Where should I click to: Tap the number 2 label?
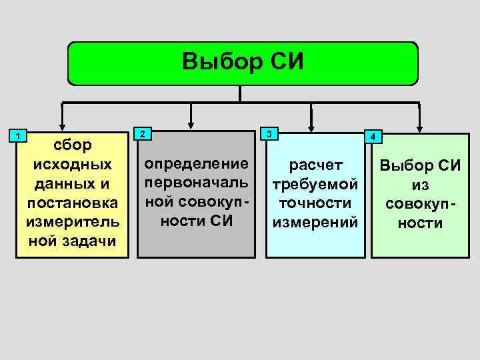point(142,133)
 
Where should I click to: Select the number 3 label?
point(269,133)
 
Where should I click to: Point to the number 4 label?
point(375,137)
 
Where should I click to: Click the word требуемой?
point(315,183)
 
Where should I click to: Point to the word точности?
point(315,202)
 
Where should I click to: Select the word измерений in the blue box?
point(315,221)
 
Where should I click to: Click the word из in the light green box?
point(419,184)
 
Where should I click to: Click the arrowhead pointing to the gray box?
point(191,123)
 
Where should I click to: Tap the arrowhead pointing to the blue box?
point(309,124)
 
